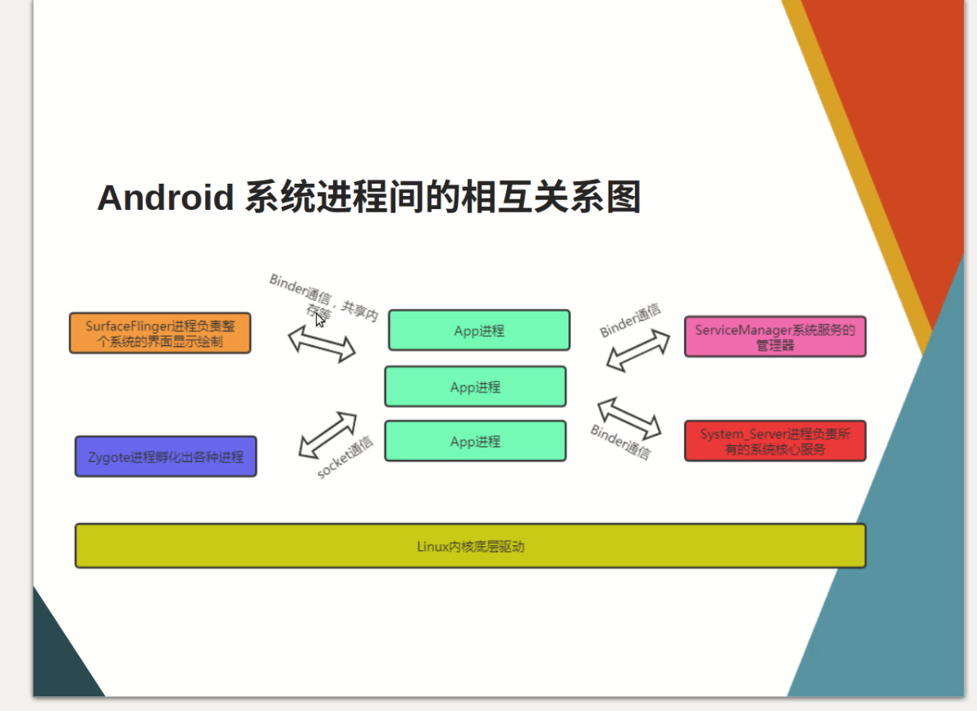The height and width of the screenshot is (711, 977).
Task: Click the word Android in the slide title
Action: coord(165,198)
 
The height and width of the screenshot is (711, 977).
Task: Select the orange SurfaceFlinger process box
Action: coord(160,334)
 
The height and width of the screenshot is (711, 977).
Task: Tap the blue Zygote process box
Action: coord(166,457)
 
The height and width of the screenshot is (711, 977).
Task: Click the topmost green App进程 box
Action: coord(479,330)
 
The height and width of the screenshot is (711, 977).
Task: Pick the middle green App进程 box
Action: coord(475,387)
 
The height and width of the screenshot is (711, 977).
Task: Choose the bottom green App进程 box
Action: coord(475,441)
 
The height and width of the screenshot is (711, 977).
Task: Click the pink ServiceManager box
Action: coord(775,337)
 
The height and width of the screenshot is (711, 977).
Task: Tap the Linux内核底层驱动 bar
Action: coord(470,546)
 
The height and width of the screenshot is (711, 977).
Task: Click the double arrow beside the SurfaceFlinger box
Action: coord(322,343)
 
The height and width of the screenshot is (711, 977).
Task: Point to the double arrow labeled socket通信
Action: coord(327,435)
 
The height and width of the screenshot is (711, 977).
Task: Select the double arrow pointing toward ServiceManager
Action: coord(638,351)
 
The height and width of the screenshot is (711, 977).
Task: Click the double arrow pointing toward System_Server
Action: coord(629,417)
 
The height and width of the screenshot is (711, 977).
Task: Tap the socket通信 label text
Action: coord(345,458)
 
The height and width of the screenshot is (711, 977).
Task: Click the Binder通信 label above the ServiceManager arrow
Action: coord(630,321)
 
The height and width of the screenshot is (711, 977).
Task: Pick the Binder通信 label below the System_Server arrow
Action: coord(620,442)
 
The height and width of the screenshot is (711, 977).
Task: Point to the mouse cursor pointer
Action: coord(319,320)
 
